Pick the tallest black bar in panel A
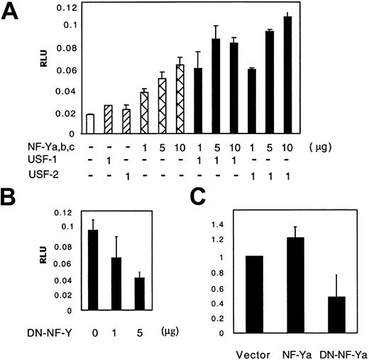(x=287, y=75)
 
